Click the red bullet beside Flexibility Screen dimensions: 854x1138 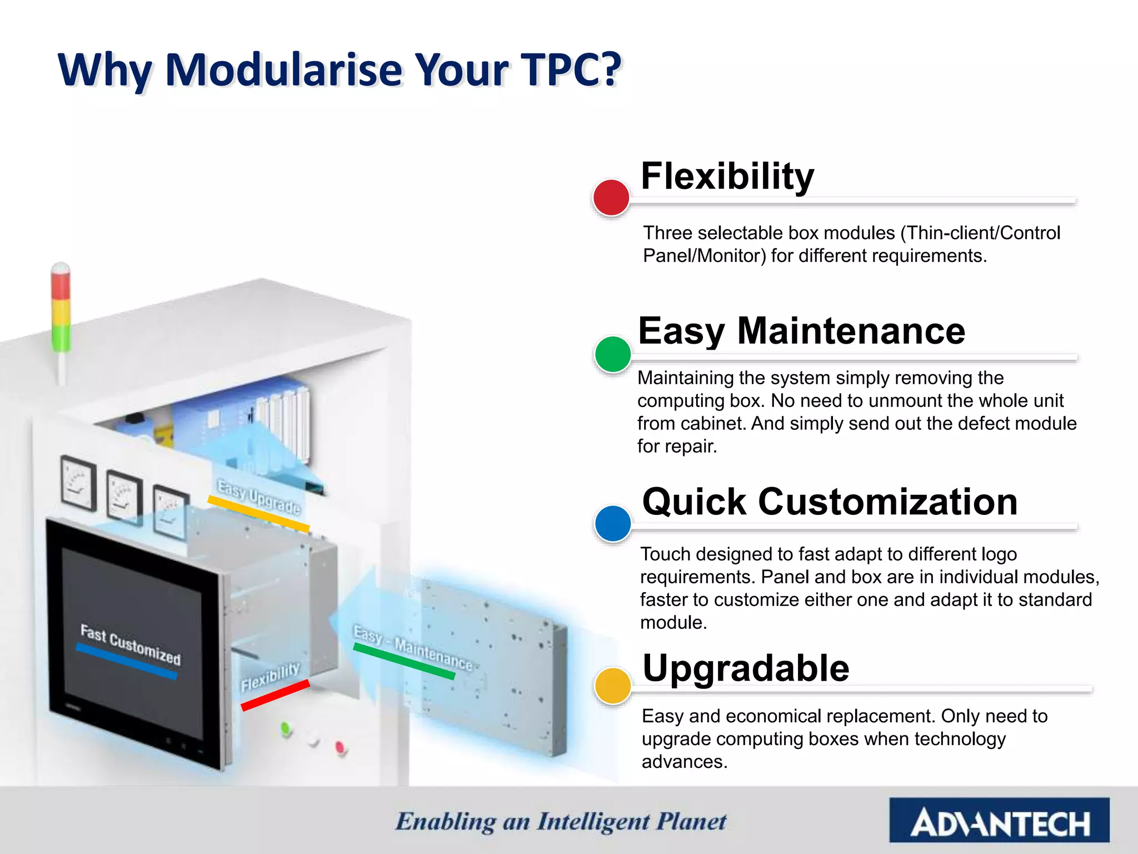[x=611, y=197]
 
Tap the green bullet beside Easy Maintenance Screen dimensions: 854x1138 [x=612, y=354]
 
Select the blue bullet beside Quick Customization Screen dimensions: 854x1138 [x=612, y=523]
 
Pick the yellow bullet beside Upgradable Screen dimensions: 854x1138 [x=612, y=686]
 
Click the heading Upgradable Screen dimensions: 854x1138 [x=745, y=668]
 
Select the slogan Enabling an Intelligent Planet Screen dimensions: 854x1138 [x=561, y=822]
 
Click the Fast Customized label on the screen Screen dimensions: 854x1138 [x=131, y=645]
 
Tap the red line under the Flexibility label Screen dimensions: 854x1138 [x=275, y=695]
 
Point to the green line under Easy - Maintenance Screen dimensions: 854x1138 [x=404, y=661]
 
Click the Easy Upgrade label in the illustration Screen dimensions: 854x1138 [x=258, y=496]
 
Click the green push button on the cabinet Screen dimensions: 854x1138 [x=286, y=728]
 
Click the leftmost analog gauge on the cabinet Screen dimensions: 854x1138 [x=78, y=483]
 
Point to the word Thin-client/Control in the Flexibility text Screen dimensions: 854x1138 [x=980, y=232]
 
